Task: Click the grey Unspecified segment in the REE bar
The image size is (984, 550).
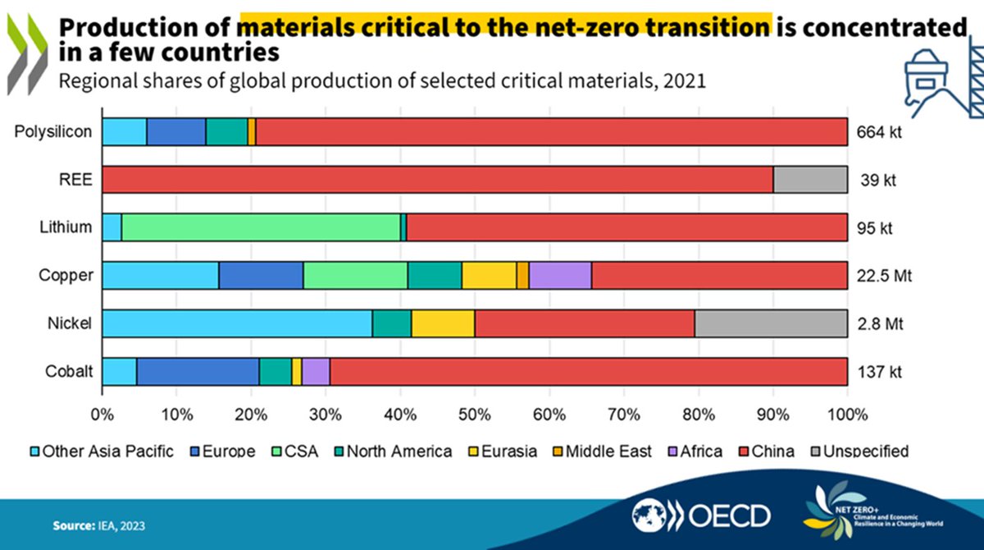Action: (810, 179)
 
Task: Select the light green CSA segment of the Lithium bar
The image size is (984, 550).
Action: (261, 227)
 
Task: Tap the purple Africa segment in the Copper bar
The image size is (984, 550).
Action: (560, 275)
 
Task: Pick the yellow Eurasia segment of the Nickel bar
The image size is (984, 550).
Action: (443, 323)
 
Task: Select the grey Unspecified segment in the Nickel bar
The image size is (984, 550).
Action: (771, 323)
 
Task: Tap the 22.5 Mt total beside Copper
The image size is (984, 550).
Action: (884, 276)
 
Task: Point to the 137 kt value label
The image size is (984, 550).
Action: (879, 372)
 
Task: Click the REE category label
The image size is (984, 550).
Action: (80, 180)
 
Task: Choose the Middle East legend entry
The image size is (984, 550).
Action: (606, 451)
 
